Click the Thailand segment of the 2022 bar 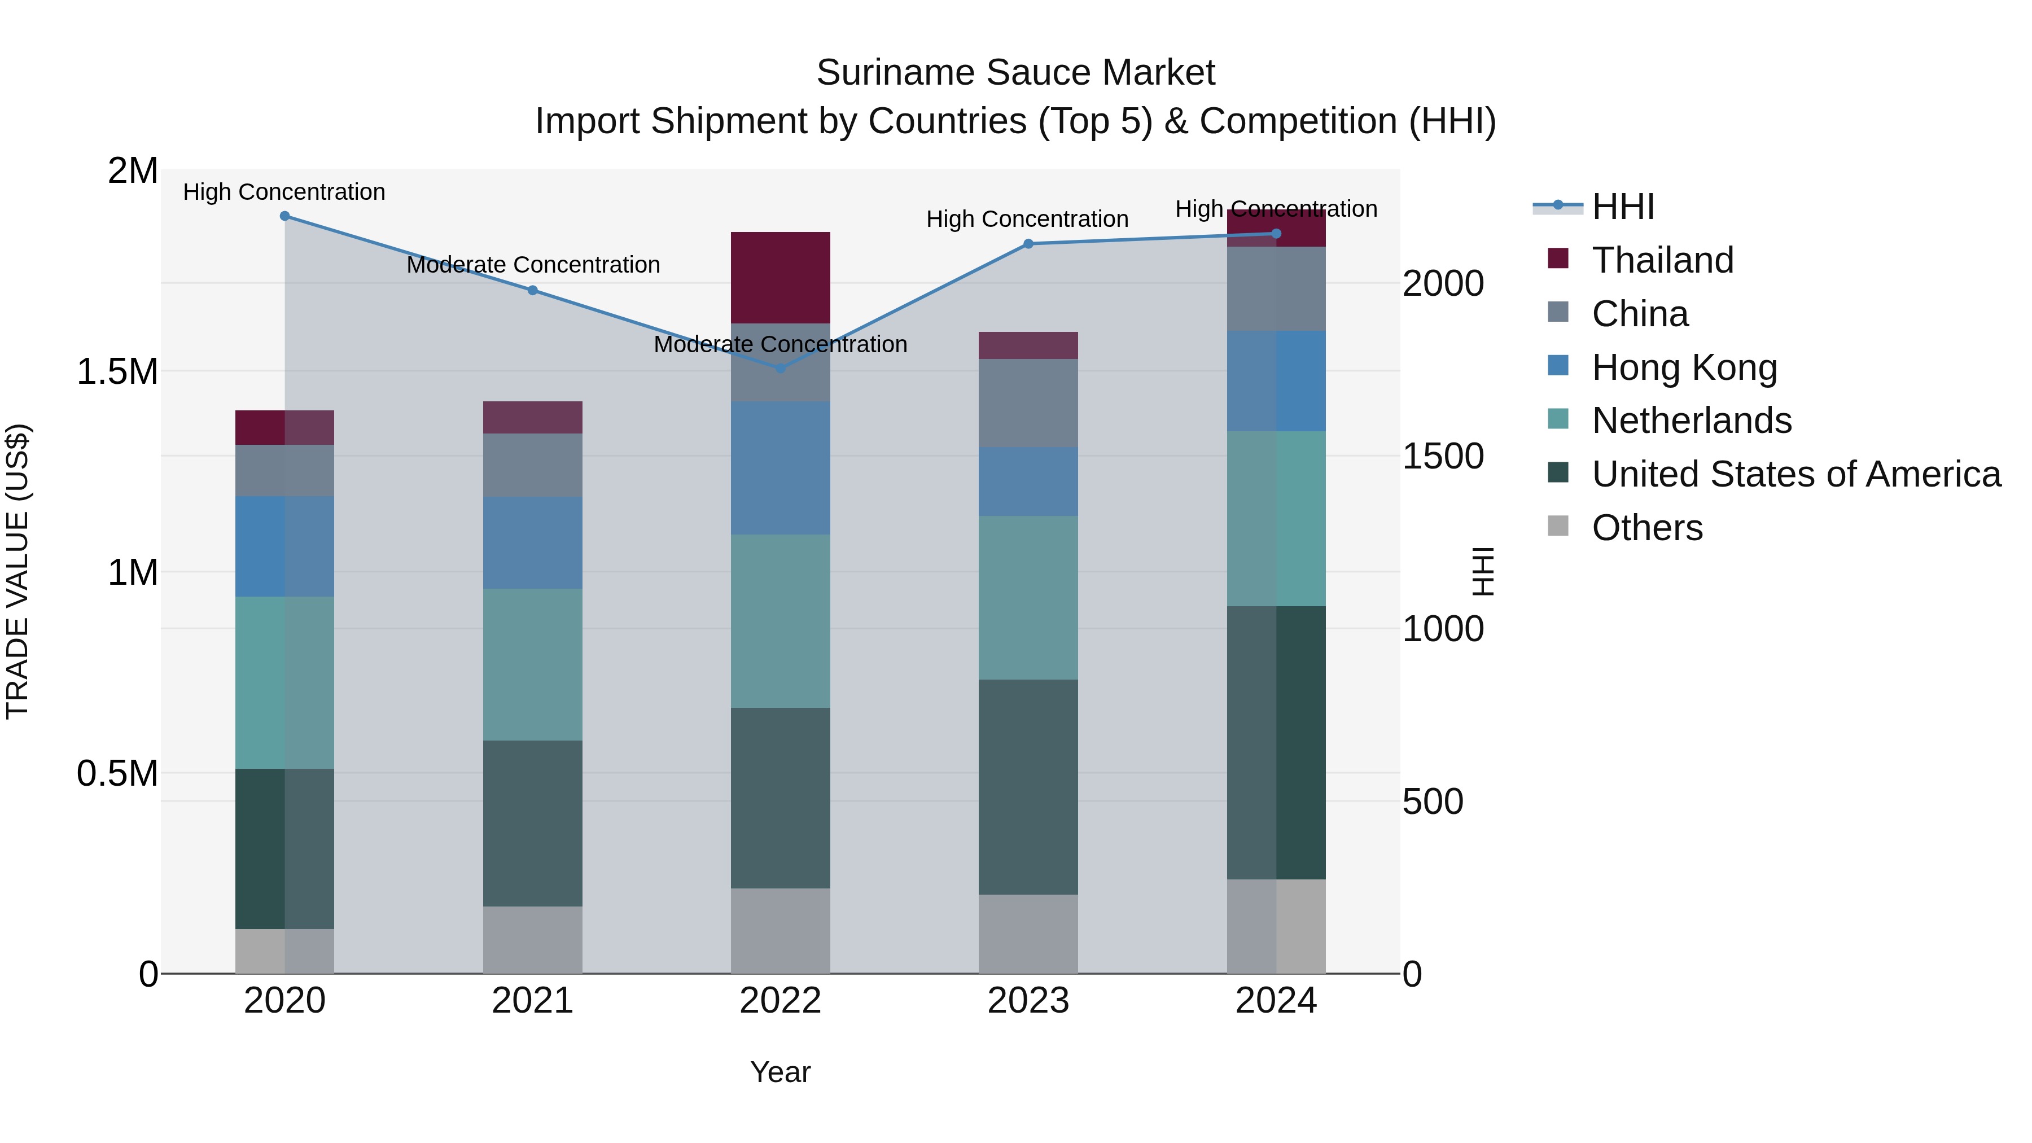[780, 277]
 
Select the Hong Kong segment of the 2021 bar [532, 542]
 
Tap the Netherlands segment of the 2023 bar [1028, 597]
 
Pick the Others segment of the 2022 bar [780, 930]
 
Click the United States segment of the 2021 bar [532, 823]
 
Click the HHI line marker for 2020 [285, 216]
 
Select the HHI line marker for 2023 [1028, 244]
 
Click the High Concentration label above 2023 [1027, 220]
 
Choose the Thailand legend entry [1662, 260]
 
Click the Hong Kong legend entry [1684, 367]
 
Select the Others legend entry [1646, 528]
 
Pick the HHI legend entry [1623, 207]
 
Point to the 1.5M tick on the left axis [117, 371]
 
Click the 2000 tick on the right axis [1442, 284]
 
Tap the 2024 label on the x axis [1276, 1001]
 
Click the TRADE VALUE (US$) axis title [17, 571]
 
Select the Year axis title [780, 1072]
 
